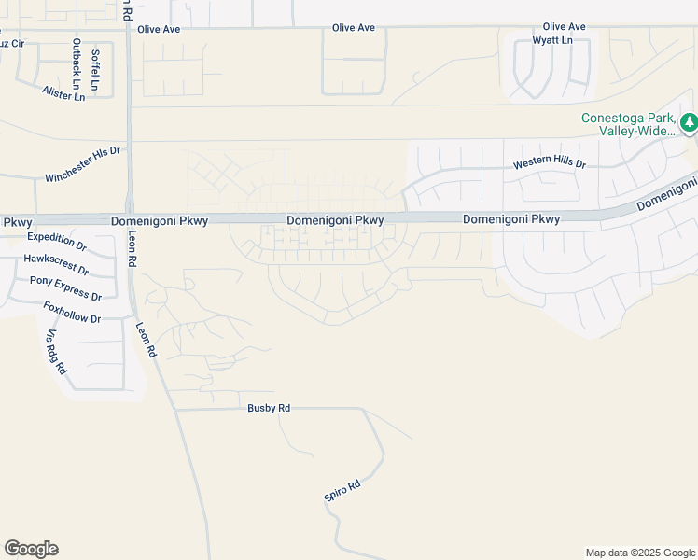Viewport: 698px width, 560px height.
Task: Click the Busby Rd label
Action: pyautogui.click(x=270, y=408)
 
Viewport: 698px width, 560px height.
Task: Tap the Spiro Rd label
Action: pyautogui.click(x=342, y=491)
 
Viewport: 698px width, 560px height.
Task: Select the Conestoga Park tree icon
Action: pyautogui.click(x=689, y=122)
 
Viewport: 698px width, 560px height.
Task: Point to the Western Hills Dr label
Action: pyautogui.click(x=550, y=164)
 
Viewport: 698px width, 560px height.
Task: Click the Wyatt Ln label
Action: pyautogui.click(x=552, y=40)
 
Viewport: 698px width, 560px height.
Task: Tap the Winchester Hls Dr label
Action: pyautogui.click(x=83, y=164)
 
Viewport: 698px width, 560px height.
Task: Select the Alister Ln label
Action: pyautogui.click(x=63, y=93)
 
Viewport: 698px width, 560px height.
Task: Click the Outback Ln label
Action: pyautogui.click(x=77, y=64)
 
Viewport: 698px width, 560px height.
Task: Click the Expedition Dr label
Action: pyautogui.click(x=57, y=243)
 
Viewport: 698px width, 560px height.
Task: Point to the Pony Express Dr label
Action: pyautogui.click(x=65, y=287)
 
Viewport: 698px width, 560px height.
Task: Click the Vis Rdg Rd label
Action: pyautogui.click(x=56, y=352)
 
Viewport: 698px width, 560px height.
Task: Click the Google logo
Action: pyautogui.click(x=31, y=549)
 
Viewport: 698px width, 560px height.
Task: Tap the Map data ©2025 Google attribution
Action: pyautogui.click(x=640, y=553)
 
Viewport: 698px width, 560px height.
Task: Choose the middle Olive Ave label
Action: pyautogui.click(x=354, y=28)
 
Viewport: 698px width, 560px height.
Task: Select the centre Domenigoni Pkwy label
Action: pyautogui.click(x=335, y=220)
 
